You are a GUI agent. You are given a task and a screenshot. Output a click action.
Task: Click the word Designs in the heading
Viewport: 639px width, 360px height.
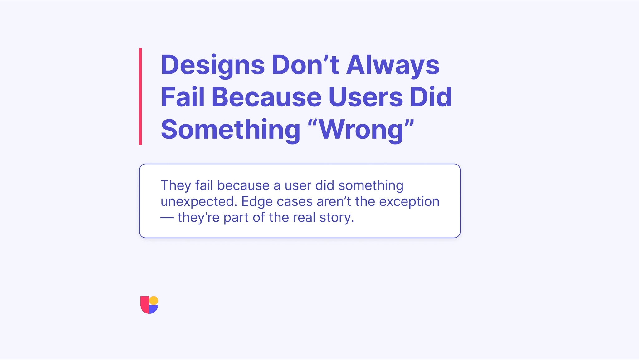click(x=212, y=65)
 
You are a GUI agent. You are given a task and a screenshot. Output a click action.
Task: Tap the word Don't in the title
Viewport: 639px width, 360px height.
click(x=305, y=65)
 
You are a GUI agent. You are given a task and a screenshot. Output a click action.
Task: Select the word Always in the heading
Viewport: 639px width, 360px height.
click(x=393, y=65)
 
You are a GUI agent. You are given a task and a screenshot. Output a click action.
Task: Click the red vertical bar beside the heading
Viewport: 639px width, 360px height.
click(x=140, y=96)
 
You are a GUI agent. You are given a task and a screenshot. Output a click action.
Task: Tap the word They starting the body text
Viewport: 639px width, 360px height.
click(x=176, y=185)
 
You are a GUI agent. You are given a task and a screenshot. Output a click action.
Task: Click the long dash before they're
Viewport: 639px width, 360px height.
click(x=167, y=218)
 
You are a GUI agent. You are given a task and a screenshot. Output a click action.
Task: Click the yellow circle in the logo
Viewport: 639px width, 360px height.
click(x=154, y=300)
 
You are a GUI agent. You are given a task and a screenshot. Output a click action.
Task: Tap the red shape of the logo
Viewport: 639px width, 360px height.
click(x=144, y=304)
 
